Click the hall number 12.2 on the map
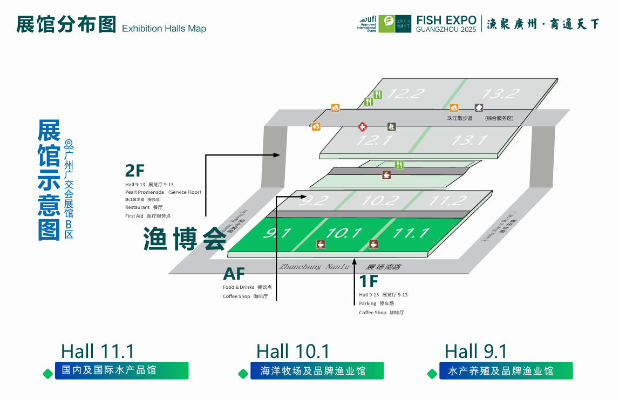[x=405, y=93]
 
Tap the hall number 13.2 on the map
[x=500, y=93]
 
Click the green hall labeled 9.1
[x=277, y=233]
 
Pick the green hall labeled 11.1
[x=410, y=233]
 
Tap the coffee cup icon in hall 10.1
[x=321, y=244]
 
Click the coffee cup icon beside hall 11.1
[x=373, y=244]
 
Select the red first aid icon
[x=363, y=127]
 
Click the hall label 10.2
[x=378, y=201]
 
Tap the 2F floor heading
[x=135, y=171]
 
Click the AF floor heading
[x=234, y=274]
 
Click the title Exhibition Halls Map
[x=164, y=29]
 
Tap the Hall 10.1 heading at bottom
[x=293, y=351]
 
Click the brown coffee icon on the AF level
[x=386, y=174]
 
